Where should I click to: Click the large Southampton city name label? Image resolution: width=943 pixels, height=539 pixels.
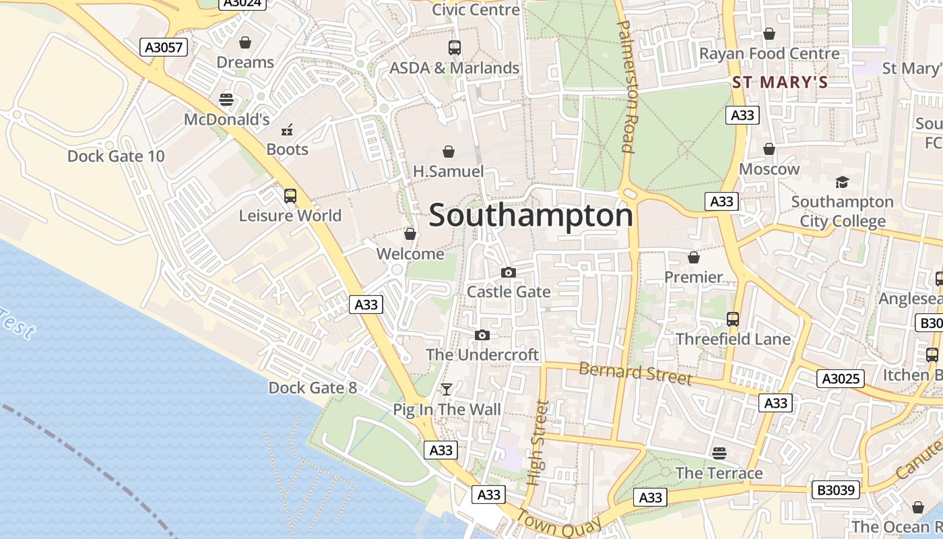click(531, 216)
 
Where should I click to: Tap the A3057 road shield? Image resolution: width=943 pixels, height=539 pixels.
click(164, 47)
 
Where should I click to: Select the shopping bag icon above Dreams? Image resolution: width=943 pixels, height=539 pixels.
click(245, 42)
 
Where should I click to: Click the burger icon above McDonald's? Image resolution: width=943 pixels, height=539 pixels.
click(226, 100)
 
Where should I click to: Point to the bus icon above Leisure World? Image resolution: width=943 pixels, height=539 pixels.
click(290, 196)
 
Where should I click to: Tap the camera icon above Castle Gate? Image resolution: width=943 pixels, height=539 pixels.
click(509, 272)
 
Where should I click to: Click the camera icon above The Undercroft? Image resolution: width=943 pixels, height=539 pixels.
click(482, 335)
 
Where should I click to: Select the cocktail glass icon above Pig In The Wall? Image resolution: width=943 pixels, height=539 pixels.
click(447, 389)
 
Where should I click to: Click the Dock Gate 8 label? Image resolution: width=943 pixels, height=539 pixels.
click(313, 387)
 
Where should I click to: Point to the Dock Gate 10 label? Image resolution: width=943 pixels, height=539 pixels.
click(116, 156)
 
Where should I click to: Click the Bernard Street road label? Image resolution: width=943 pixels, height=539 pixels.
click(635, 373)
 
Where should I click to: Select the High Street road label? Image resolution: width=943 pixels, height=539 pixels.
click(538, 443)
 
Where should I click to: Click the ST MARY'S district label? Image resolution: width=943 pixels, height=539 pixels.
click(780, 83)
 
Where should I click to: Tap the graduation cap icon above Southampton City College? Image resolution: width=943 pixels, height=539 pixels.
click(842, 182)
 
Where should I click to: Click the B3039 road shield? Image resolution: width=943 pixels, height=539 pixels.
click(836, 490)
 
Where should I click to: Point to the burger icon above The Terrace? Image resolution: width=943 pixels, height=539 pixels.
click(719, 453)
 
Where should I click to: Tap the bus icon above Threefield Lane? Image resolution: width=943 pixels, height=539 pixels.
click(733, 319)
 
